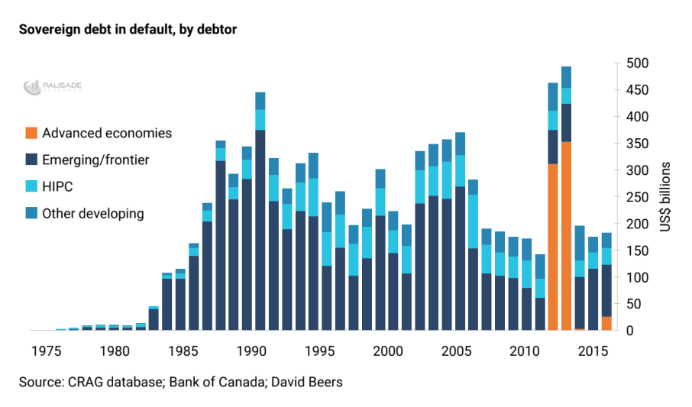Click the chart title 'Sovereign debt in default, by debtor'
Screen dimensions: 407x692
[x=129, y=31]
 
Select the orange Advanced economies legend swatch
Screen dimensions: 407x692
[x=30, y=134]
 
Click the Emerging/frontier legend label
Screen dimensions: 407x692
[x=95, y=160]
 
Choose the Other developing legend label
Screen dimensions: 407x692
[x=93, y=213]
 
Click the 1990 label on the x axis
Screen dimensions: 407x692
[x=251, y=352]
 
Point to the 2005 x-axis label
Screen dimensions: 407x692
[x=456, y=352]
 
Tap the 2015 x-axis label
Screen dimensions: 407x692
[x=592, y=352]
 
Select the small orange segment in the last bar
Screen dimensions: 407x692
[x=606, y=323]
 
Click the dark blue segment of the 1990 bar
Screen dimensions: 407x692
[x=260, y=229]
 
